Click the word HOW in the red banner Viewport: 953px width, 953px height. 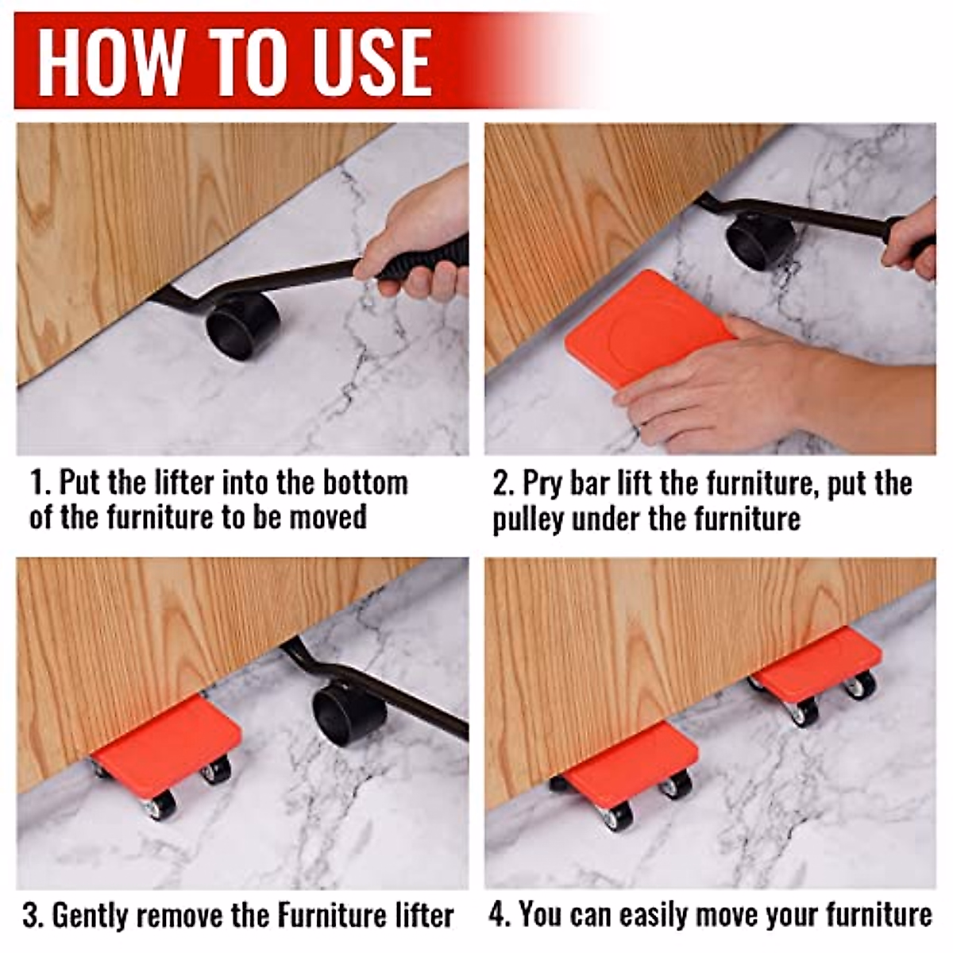[110, 61]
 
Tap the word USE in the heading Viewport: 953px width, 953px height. [368, 61]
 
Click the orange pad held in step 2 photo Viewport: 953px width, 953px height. [651, 326]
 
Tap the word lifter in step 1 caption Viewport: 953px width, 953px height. [183, 482]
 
